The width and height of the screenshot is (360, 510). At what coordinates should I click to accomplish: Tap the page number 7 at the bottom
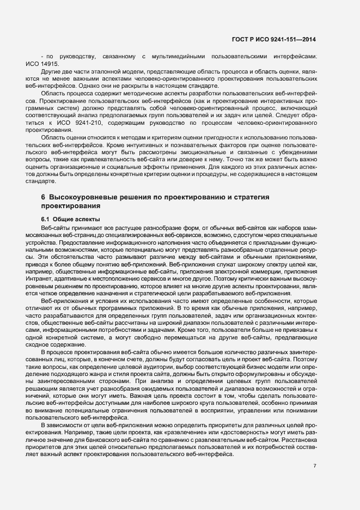[x=315, y=465]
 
